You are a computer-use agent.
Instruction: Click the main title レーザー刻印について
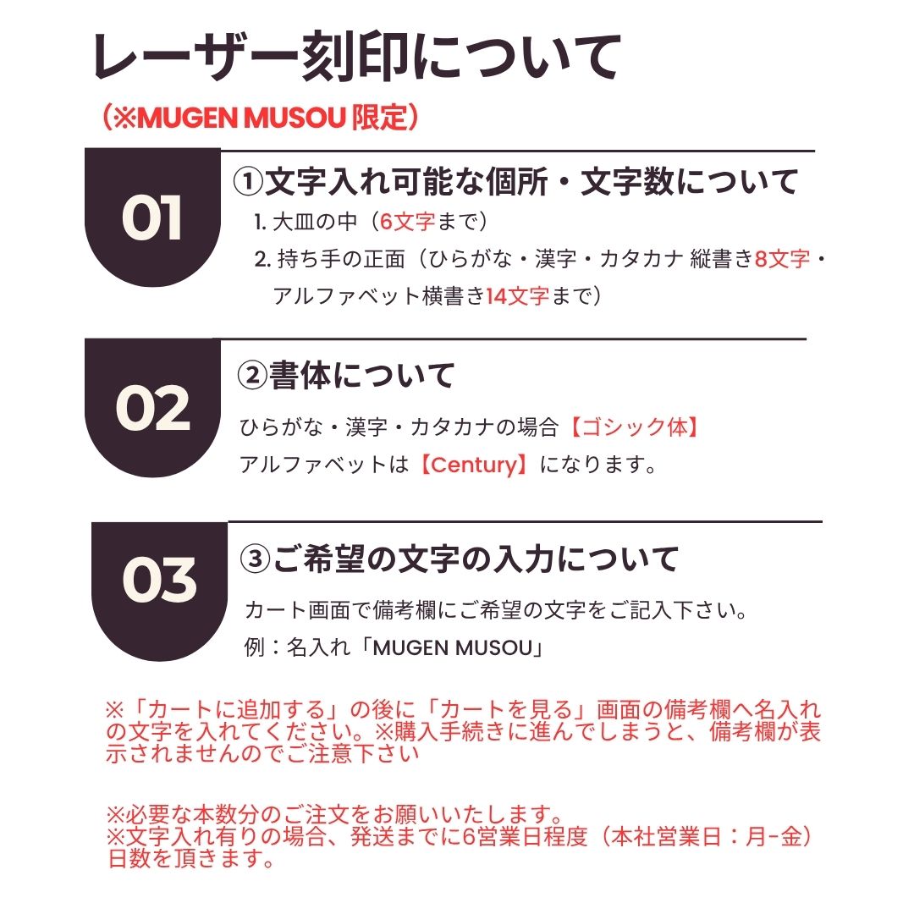click(x=357, y=58)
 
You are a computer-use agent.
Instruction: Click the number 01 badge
click(x=152, y=217)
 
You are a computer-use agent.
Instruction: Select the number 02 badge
click(x=152, y=407)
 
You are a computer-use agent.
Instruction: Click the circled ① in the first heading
click(x=248, y=181)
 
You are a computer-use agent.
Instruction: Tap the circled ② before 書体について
click(x=252, y=375)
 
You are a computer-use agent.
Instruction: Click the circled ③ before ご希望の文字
click(x=256, y=559)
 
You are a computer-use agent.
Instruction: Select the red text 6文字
click(x=407, y=222)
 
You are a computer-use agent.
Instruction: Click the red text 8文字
click(x=782, y=259)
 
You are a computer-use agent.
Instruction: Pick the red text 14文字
click(x=518, y=296)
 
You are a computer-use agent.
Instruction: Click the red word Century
click(x=475, y=465)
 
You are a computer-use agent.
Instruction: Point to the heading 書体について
click(x=361, y=375)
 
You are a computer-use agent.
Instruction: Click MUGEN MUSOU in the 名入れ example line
click(x=453, y=647)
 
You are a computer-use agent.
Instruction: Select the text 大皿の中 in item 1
click(x=315, y=222)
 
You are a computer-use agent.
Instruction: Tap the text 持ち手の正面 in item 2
click(x=341, y=259)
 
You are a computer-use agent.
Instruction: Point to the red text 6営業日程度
click(x=525, y=836)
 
